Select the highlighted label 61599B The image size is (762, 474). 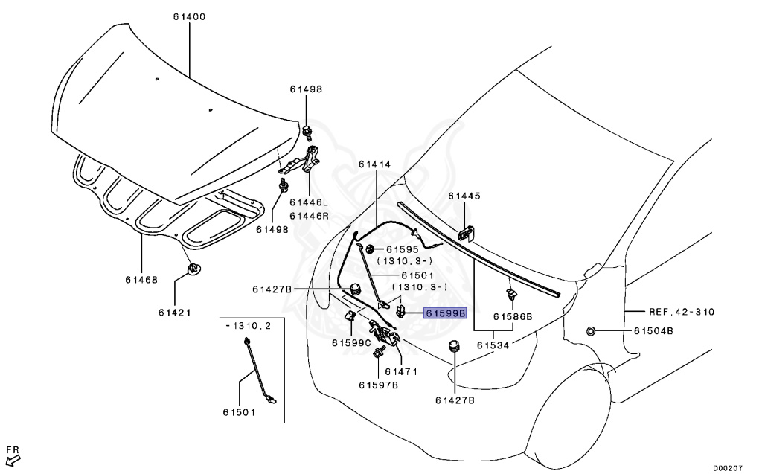[x=445, y=313]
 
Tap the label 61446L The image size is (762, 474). [x=309, y=202]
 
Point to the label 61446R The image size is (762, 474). [x=309, y=215]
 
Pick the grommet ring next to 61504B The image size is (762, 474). [x=590, y=330]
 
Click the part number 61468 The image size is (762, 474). [x=141, y=280]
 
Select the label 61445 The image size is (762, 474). [x=464, y=196]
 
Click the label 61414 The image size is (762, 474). [x=374, y=164]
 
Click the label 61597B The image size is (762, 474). [x=378, y=385]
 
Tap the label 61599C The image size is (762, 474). [x=351, y=343]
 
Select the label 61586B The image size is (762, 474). [x=513, y=316]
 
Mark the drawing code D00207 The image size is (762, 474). [x=729, y=468]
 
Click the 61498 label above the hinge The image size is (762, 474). [x=306, y=89]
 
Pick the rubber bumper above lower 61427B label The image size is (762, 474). [x=455, y=348]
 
